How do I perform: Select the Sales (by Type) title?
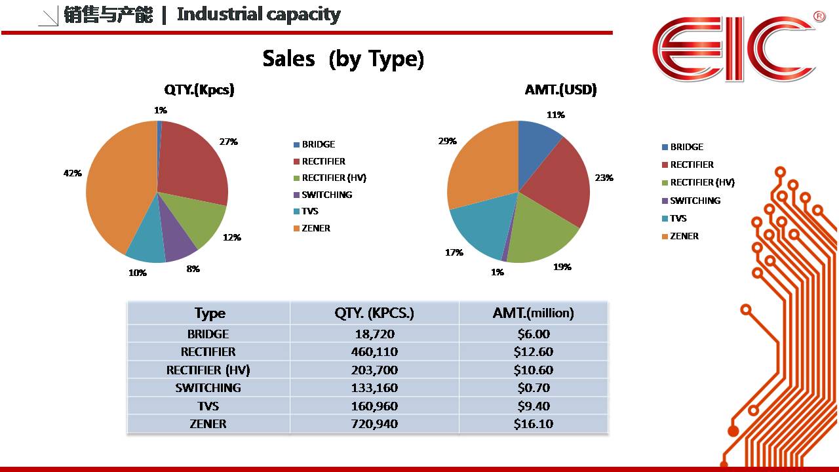coord(343,59)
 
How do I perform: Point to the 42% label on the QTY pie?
coord(72,173)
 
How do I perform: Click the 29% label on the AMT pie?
coord(447,141)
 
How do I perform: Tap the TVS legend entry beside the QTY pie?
coord(309,211)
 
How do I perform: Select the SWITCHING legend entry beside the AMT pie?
coord(695,201)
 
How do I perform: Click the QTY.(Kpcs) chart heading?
coord(199,90)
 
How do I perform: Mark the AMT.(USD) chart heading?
coord(560,90)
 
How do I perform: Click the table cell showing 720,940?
coord(374,424)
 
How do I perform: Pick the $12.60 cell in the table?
coord(533,352)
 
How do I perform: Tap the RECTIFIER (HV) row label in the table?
coord(208,370)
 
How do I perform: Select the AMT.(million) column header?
coord(533,313)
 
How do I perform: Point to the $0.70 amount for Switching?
coord(533,388)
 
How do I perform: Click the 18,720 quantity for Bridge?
coord(374,334)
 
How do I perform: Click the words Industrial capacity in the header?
coord(259,14)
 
